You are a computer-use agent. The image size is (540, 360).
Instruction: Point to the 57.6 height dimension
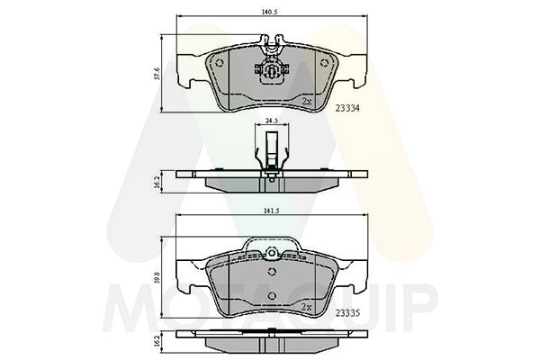pyautogui.click(x=157, y=73)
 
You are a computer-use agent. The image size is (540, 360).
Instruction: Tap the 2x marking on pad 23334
pyautogui.click(x=307, y=102)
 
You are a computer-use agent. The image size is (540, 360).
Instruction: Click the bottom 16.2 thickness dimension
pyautogui.click(x=157, y=343)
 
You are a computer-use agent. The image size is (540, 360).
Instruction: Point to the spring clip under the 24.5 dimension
pyautogui.click(x=270, y=153)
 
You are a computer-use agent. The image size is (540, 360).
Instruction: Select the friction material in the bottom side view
pyautogui.click(x=270, y=346)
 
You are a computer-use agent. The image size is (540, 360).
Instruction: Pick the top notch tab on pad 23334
pyautogui.click(x=270, y=41)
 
